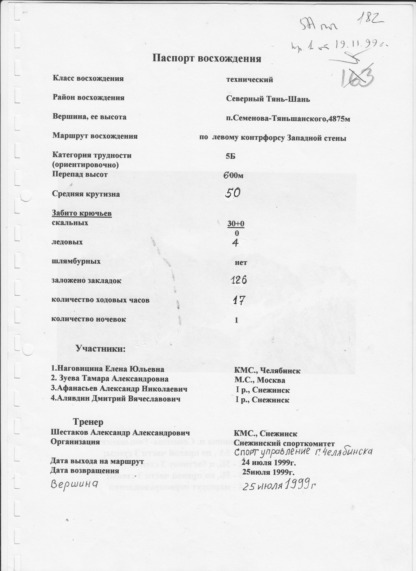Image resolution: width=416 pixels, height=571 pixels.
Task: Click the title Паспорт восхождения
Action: [206, 59]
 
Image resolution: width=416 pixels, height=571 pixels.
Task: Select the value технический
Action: [250, 80]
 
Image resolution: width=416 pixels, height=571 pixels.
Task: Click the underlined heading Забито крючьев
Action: [82, 213]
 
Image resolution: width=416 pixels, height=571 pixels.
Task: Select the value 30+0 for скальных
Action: [236, 224]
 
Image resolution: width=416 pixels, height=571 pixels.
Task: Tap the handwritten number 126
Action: [239, 280]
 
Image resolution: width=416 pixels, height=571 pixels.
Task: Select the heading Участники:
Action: [100, 349]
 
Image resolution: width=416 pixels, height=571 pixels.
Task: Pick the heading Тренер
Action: [88, 422]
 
